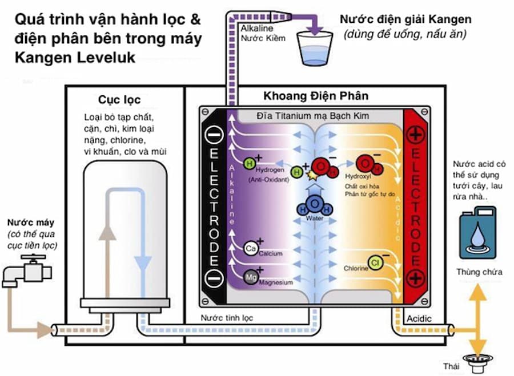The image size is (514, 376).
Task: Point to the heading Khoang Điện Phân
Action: (x=316, y=95)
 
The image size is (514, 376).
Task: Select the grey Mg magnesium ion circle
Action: (x=250, y=278)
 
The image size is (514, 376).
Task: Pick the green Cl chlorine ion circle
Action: (x=375, y=262)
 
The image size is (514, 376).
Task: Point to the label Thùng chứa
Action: (x=479, y=272)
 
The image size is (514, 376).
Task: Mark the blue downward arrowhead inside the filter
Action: (x=145, y=264)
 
